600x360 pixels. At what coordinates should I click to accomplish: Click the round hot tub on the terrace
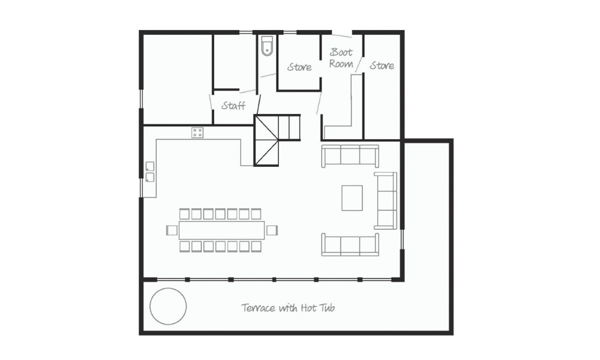click(x=168, y=307)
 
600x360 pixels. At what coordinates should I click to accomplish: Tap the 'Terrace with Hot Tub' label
click(x=288, y=308)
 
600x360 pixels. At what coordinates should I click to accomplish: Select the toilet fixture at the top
click(x=266, y=46)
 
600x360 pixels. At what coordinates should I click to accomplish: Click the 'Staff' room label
click(x=233, y=105)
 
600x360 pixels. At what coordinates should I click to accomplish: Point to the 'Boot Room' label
click(x=341, y=58)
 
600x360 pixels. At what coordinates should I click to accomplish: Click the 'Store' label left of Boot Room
click(x=299, y=67)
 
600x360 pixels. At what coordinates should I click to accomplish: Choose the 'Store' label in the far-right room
click(x=382, y=66)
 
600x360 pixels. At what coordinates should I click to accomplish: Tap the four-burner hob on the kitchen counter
click(x=197, y=133)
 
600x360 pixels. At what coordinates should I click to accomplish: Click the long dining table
click(x=221, y=230)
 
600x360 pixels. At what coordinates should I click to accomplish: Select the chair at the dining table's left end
click(x=172, y=230)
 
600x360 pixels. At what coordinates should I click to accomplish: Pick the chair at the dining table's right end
click(x=272, y=230)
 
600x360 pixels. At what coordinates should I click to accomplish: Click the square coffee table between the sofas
click(x=352, y=198)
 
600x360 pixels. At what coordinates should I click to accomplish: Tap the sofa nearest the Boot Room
click(x=350, y=156)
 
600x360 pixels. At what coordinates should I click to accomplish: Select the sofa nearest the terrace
click(x=350, y=244)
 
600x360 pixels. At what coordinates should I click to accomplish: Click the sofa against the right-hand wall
click(x=385, y=201)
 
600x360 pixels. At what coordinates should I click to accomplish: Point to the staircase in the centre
click(x=277, y=140)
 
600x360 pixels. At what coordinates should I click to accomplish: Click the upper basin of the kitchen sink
click(x=150, y=166)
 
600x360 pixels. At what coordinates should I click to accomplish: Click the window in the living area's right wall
click(x=402, y=239)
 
